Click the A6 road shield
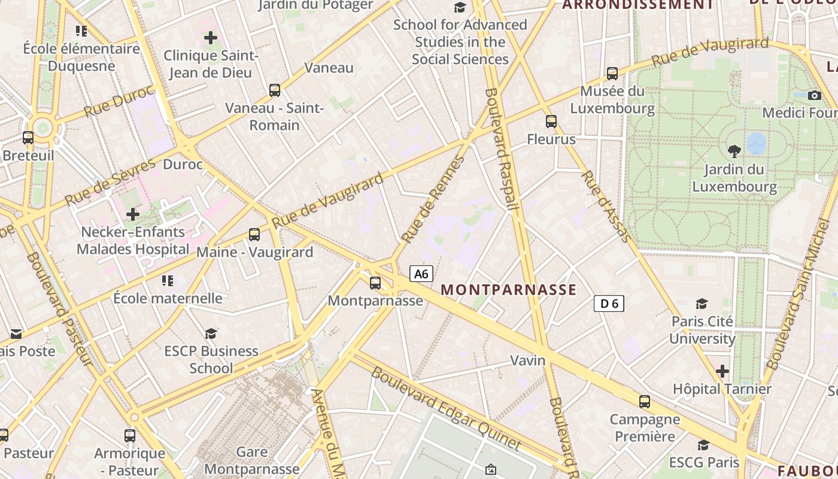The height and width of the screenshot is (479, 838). click(421, 274)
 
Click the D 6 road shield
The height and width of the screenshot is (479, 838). click(609, 304)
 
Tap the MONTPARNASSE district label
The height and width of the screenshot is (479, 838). click(508, 290)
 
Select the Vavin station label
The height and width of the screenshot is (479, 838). click(528, 360)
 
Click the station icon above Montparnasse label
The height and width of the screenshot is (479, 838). click(375, 283)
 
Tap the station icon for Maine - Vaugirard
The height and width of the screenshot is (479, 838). click(254, 235)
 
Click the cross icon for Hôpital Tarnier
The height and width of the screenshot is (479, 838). click(722, 371)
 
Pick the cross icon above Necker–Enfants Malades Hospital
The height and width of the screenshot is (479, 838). click(133, 214)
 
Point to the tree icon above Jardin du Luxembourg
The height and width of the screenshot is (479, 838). click(734, 151)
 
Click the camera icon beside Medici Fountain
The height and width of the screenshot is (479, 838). click(814, 95)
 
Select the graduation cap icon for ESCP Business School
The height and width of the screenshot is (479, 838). click(211, 333)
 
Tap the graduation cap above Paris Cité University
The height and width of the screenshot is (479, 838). click(702, 304)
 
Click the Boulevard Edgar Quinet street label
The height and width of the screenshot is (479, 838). click(445, 409)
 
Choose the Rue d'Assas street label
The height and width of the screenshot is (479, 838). click(606, 207)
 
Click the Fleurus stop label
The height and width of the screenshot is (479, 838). click(551, 140)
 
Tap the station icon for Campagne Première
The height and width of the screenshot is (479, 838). click(645, 402)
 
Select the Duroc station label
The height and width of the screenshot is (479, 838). click(183, 164)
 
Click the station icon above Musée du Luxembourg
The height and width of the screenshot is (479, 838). click(612, 74)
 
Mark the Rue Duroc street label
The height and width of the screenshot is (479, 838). click(119, 103)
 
